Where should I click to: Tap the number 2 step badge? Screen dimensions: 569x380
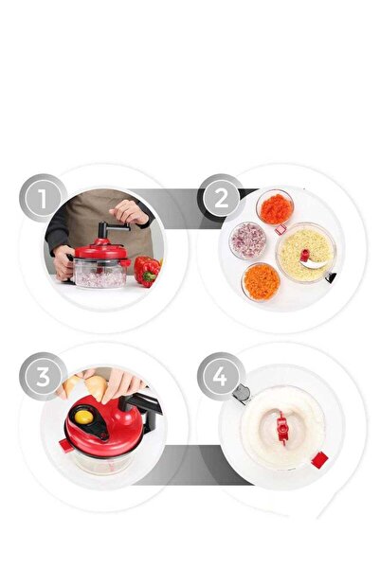221,198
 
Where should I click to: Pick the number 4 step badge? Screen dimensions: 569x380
221,376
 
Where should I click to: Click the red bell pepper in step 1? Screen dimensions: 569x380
146,271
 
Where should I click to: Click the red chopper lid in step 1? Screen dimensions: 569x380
100,251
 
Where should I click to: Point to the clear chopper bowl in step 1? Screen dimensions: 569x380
100,276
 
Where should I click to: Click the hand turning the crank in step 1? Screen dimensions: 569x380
129,212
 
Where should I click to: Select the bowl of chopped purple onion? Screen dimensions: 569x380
247,240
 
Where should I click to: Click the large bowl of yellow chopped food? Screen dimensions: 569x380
305,251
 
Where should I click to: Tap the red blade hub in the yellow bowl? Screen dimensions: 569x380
304,255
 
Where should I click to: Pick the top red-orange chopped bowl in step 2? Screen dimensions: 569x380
275,206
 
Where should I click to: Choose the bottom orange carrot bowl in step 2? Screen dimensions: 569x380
261,280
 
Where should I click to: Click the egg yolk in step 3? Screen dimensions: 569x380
82,414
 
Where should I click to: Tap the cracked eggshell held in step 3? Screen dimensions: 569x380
95,385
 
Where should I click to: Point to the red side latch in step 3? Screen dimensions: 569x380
65,445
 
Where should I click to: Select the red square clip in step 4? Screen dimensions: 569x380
319,460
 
